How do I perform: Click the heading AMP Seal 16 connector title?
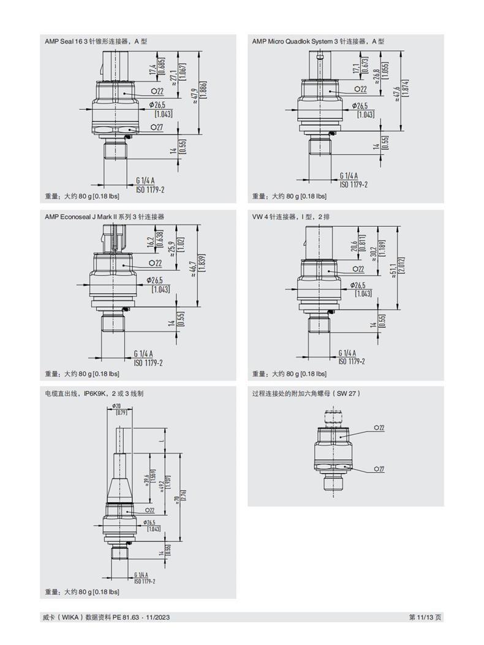(96, 41)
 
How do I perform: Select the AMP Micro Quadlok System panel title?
(318, 41)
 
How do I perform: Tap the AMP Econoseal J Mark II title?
(104, 216)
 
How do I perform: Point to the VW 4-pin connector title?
(291, 216)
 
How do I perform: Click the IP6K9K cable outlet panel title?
(94, 393)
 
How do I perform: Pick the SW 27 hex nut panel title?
(306, 393)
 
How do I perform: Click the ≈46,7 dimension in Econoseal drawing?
(194, 269)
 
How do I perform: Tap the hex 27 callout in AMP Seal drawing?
(157, 127)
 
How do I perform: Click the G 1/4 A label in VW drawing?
(347, 353)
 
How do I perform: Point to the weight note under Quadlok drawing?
(290, 197)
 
